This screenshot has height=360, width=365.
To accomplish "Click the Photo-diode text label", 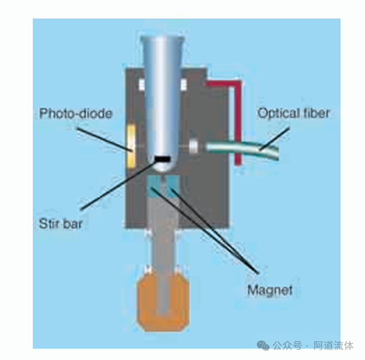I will pos(75,113).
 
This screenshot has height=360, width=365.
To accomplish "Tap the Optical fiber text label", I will pos(294,113).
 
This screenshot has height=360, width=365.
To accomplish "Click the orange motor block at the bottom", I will pos(164,299).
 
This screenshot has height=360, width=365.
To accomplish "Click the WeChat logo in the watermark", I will pos(263,345).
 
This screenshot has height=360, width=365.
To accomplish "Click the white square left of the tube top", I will pos(142,84).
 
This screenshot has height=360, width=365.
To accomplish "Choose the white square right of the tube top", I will pos(183,84).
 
